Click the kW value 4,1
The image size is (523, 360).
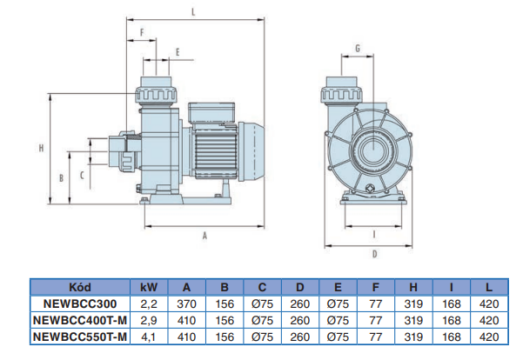[149, 336]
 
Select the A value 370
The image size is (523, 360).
[186, 304]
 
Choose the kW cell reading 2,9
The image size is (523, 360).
[149, 320]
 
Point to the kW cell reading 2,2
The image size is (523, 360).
[149, 304]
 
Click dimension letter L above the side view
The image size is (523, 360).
[194, 10]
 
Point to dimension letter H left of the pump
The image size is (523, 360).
[41, 147]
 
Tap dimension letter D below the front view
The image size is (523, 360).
[373, 254]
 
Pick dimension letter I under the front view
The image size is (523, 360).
[373, 233]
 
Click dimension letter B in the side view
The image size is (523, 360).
[60, 177]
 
